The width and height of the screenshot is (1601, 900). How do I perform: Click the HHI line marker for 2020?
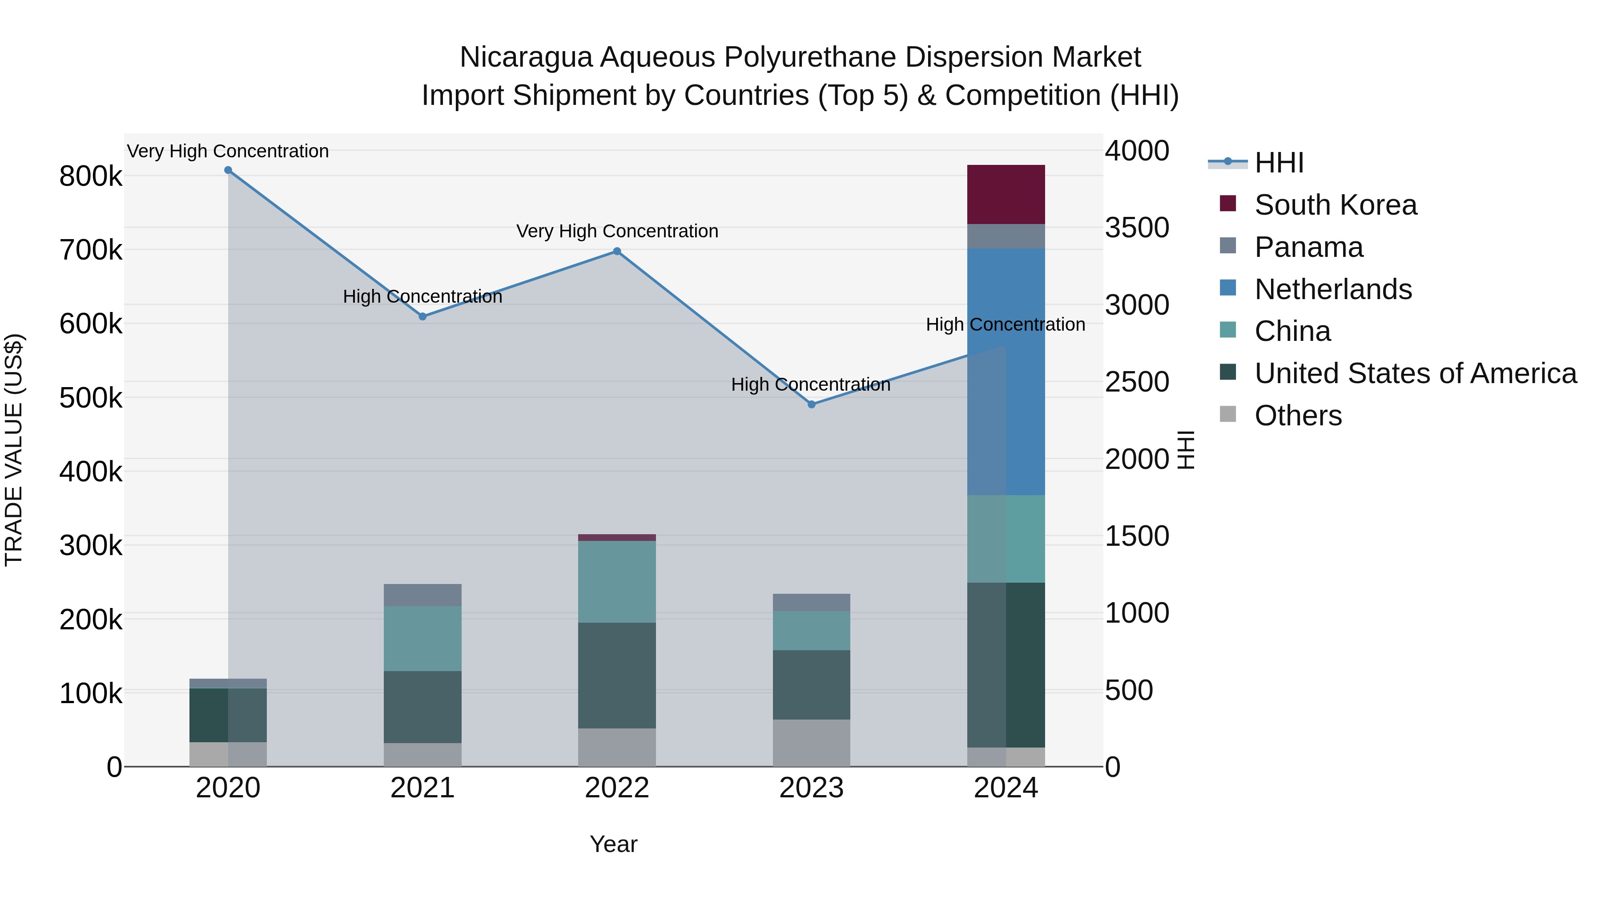point(228,170)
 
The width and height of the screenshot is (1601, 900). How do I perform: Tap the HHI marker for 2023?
point(811,404)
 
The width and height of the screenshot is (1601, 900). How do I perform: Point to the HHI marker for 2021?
point(422,317)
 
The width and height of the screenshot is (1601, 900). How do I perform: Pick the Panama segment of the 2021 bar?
point(422,595)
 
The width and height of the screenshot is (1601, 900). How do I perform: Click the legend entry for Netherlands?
point(1333,289)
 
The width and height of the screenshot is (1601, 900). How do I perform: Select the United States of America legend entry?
point(1415,374)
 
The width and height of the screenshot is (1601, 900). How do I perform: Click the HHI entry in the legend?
point(1279,163)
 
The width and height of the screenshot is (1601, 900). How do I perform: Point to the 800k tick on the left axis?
point(91,176)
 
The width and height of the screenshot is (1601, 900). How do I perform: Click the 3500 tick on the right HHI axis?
point(1137,228)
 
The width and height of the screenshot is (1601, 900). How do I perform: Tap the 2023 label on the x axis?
point(811,788)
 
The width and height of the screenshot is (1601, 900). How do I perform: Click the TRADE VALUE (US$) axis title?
point(14,450)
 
